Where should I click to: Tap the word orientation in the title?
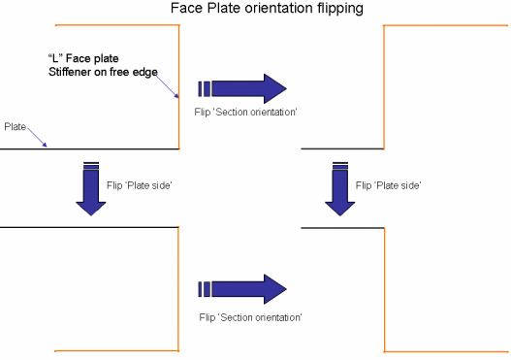coord(279,8)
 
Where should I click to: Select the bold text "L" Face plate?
coord(83,58)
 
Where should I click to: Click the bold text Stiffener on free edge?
coord(103,72)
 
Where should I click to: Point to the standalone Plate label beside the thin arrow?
coord(15,126)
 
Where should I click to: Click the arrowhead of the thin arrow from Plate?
coord(46,146)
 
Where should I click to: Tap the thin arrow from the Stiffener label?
coord(167,86)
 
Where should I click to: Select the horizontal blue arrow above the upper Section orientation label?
coord(242,88)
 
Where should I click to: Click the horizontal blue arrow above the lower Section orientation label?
coord(242,289)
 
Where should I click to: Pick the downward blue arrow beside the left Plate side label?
coord(91,188)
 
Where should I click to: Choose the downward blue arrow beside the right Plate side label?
coord(340,188)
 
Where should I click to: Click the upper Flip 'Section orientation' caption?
coord(245,113)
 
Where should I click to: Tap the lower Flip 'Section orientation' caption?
coord(250,317)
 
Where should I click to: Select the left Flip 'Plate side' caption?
coord(140,185)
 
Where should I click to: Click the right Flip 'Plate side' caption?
coord(389,185)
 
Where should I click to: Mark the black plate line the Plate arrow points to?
coord(89,149)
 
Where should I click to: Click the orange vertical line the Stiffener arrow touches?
coord(179,86)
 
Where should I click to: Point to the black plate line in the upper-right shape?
coord(342,148)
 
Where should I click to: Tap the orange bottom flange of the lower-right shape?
coord(446,352)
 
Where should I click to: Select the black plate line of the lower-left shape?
coord(89,227)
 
